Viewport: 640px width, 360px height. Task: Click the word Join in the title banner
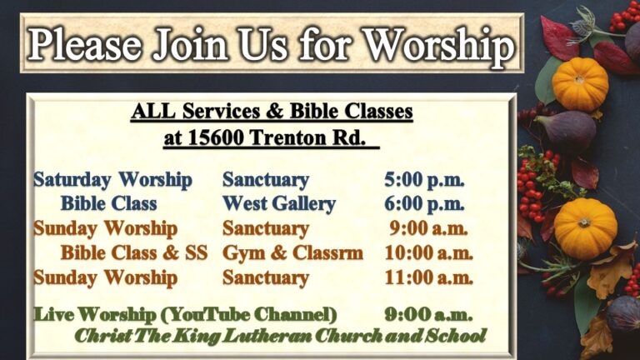coord(190,44)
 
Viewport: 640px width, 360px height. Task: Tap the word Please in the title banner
coord(85,44)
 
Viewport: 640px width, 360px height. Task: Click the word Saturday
coord(72,180)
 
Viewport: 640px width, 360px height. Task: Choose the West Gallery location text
coord(279,203)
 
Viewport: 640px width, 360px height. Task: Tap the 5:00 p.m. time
coord(424,180)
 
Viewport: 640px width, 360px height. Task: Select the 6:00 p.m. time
coord(424,204)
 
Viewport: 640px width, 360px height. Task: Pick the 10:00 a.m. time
coord(428,253)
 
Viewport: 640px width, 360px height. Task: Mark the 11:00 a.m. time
coord(428,278)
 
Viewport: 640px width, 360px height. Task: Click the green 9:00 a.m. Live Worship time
coord(428,315)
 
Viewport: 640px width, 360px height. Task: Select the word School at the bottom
coord(456,336)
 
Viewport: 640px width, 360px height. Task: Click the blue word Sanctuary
coord(266,180)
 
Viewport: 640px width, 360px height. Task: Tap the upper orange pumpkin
coord(580,84)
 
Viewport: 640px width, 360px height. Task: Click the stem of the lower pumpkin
coord(584,222)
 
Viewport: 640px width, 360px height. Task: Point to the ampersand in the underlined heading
coord(275,111)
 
